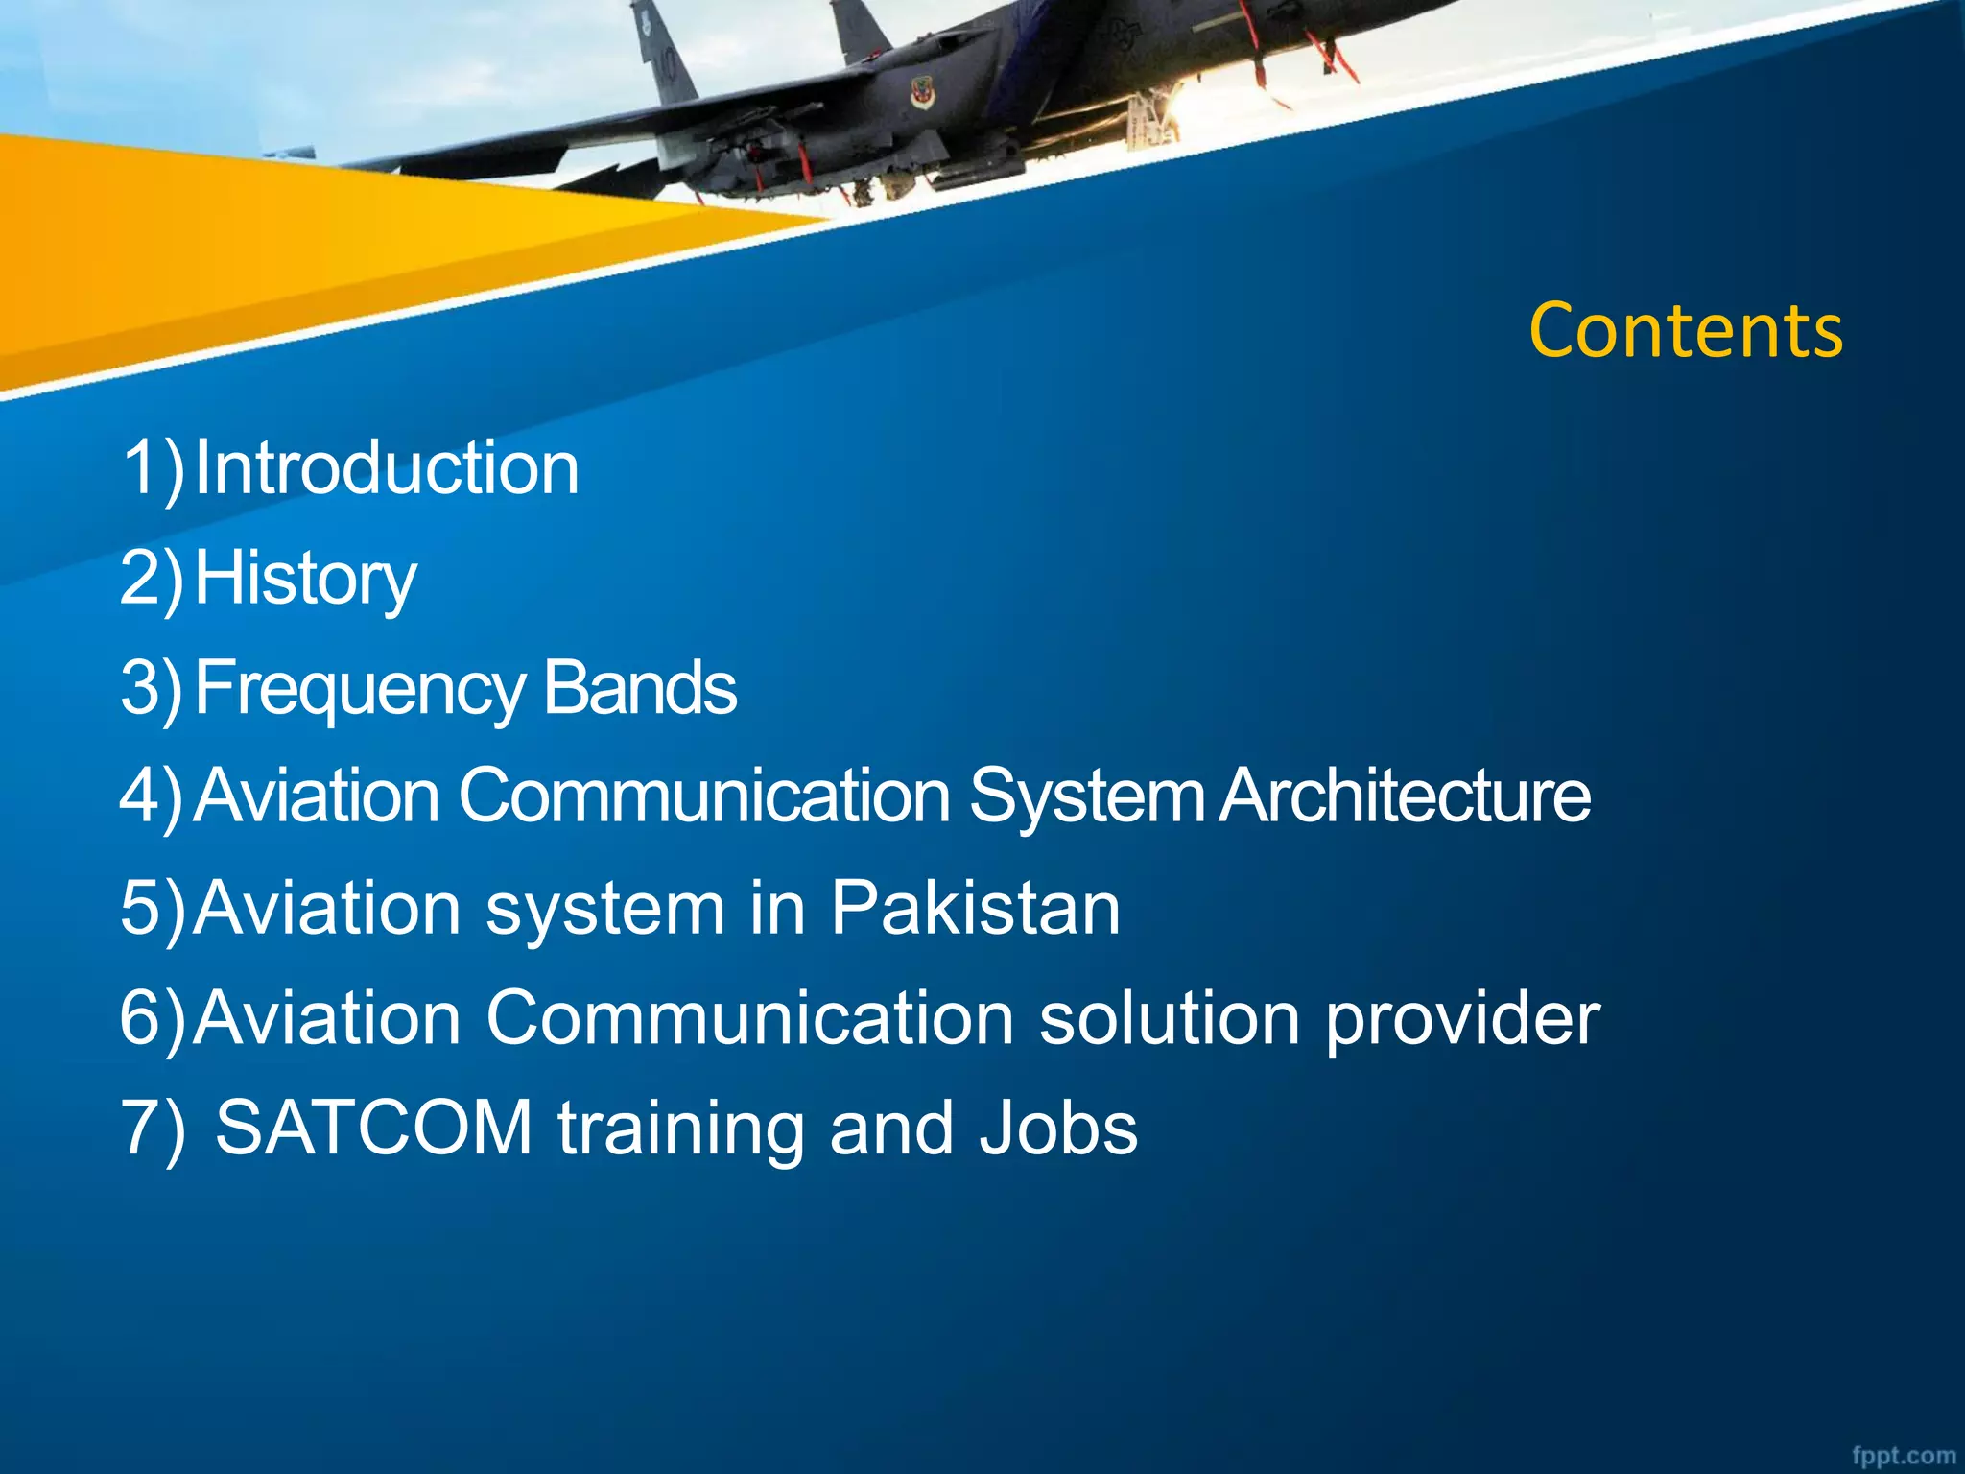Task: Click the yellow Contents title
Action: click(1685, 331)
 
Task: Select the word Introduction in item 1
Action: click(387, 468)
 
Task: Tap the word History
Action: click(305, 580)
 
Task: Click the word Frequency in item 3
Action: click(360, 689)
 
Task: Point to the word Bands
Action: click(640, 689)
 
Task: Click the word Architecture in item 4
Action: click(1405, 796)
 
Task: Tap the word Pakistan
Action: click(975, 908)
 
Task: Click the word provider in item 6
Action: click(1462, 1019)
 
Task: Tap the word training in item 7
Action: click(680, 1129)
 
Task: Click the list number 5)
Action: click(154, 908)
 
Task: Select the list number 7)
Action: click(154, 1129)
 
